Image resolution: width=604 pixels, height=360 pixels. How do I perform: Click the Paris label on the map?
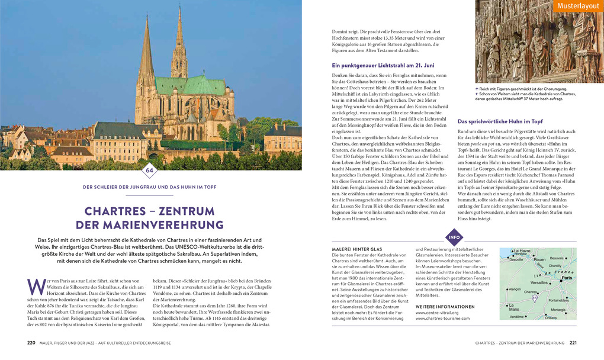click(x=567, y=278)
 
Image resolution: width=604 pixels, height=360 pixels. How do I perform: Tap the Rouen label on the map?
click(x=539, y=259)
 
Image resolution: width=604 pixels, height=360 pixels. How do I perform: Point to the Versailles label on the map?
click(x=539, y=283)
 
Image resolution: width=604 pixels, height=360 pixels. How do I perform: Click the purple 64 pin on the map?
click(x=535, y=297)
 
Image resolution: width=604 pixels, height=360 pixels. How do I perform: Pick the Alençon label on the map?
click(x=515, y=290)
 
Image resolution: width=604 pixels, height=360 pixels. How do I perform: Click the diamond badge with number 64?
click(x=150, y=172)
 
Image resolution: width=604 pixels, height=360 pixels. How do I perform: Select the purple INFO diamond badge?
click(x=454, y=238)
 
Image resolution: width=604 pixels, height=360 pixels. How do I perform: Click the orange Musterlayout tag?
click(x=578, y=6)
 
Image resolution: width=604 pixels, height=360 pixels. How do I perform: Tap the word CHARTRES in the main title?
click(x=117, y=211)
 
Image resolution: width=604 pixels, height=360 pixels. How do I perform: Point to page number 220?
click(x=31, y=343)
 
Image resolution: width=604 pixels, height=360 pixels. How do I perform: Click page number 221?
click(x=573, y=343)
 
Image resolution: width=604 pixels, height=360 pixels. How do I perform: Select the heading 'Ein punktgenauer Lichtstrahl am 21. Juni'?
click(x=383, y=65)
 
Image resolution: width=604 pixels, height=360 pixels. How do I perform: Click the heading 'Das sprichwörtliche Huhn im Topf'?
click(x=499, y=121)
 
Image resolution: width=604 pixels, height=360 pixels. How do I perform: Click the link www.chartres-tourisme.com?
click(x=442, y=319)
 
